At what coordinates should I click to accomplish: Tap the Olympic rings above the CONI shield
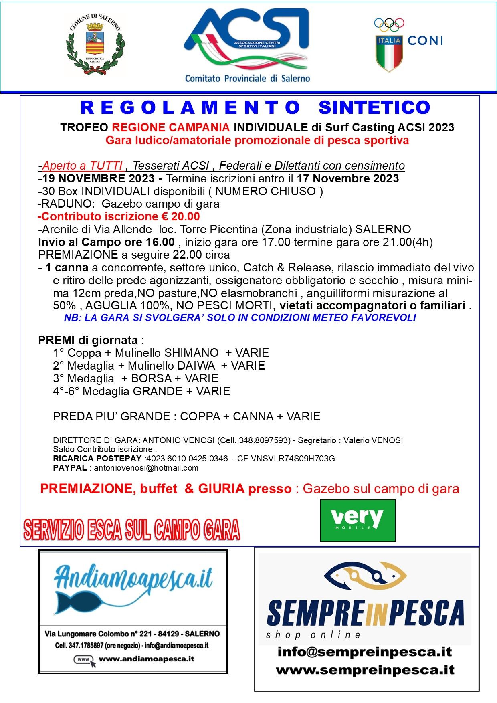(389, 25)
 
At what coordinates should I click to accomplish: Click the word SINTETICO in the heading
(374, 107)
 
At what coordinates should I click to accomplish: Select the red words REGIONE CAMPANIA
(171, 127)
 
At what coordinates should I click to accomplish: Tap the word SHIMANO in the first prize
(191, 353)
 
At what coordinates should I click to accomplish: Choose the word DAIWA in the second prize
(196, 366)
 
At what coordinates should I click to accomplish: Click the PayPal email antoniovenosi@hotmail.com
(146, 468)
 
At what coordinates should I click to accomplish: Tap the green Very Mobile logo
(358, 520)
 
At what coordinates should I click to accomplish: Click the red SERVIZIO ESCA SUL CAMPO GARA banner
(131, 530)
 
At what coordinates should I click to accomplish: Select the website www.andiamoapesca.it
(146, 659)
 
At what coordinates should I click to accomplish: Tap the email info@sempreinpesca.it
(365, 652)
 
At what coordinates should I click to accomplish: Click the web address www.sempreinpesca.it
(365, 670)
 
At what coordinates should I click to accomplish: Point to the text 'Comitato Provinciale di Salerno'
(247, 78)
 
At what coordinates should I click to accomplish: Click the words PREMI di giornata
(88, 340)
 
